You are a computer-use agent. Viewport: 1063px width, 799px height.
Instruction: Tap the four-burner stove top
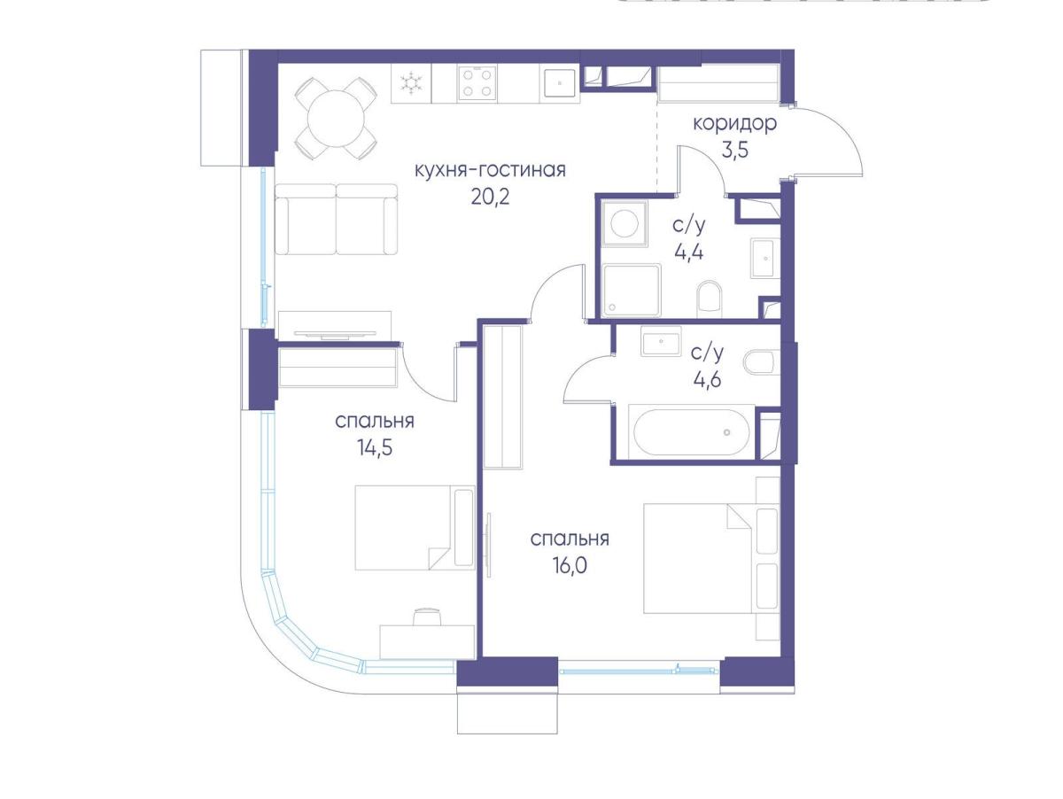click(477, 84)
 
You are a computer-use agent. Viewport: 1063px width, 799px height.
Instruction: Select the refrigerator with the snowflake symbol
click(411, 83)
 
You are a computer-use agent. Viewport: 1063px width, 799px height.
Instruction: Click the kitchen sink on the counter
click(559, 83)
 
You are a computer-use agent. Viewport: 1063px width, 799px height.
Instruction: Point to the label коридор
click(734, 123)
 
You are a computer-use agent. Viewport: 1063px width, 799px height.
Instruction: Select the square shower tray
click(632, 290)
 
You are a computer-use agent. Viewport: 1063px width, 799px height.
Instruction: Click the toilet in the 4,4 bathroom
click(709, 299)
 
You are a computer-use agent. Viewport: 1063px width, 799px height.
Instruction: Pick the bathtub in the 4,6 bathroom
click(692, 432)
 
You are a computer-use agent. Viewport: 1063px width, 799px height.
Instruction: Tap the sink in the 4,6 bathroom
click(661, 341)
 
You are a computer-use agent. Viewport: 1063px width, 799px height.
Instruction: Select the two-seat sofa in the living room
click(336, 220)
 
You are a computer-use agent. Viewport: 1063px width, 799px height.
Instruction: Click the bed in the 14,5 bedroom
click(415, 528)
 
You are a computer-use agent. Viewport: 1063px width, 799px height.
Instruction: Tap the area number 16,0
click(570, 565)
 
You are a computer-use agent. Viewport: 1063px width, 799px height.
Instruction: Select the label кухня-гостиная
click(490, 170)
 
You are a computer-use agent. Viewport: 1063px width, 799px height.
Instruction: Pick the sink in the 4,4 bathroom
click(765, 258)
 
